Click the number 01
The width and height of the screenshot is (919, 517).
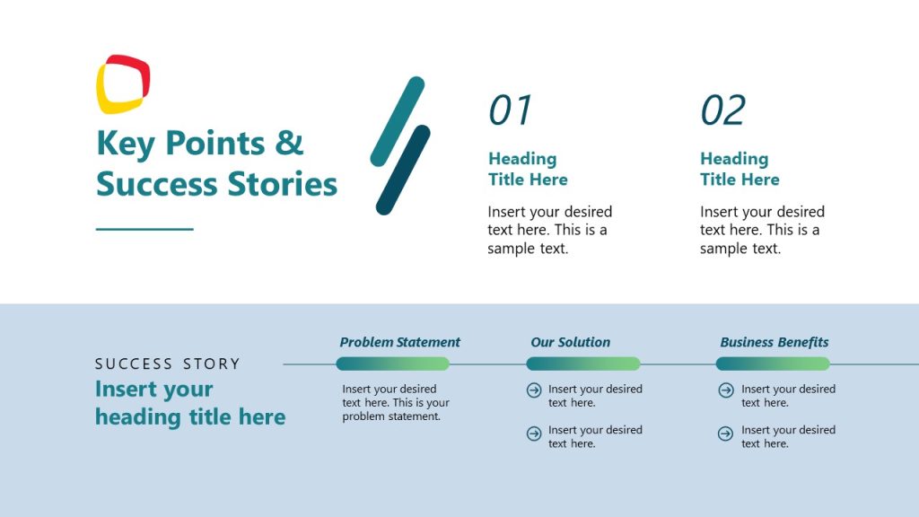(x=511, y=110)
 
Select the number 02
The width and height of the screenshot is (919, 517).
(x=722, y=110)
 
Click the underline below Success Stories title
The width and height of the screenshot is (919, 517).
(x=144, y=229)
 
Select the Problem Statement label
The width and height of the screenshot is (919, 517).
(x=399, y=342)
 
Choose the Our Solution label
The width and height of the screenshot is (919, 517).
(x=570, y=342)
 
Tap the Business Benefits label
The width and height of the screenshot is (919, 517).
(x=774, y=342)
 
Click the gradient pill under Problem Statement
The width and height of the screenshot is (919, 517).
(x=392, y=364)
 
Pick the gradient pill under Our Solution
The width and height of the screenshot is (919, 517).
(x=582, y=364)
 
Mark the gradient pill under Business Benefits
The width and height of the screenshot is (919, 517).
(x=772, y=364)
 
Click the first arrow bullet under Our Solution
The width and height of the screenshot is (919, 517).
(x=534, y=390)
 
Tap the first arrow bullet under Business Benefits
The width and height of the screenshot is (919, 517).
(x=726, y=390)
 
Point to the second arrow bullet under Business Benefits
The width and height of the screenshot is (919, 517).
(x=726, y=434)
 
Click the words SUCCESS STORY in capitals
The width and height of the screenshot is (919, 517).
(x=168, y=364)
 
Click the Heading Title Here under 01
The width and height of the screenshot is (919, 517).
(x=528, y=169)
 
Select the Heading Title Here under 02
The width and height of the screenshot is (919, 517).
(x=740, y=169)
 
